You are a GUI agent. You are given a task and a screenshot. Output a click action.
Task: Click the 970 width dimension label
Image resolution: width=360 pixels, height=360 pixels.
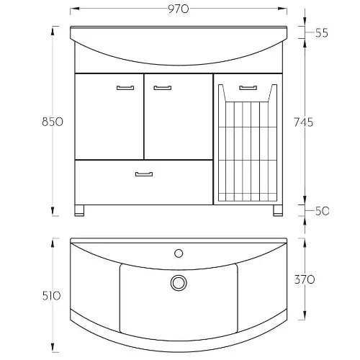click(x=179, y=9)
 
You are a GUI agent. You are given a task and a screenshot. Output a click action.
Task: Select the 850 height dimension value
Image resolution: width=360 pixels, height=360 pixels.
click(x=53, y=122)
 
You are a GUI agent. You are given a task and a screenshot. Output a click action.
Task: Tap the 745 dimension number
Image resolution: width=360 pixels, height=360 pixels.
click(x=304, y=122)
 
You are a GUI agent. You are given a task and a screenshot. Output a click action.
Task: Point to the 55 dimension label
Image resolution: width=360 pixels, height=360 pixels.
click(x=322, y=33)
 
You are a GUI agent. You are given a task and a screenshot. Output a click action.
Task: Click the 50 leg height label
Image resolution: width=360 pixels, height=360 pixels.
click(x=322, y=211)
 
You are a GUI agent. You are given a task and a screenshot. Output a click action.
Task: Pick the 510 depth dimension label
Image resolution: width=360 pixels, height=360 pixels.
click(x=51, y=296)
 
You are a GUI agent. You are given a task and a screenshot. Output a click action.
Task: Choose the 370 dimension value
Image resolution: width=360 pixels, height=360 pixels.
click(x=305, y=279)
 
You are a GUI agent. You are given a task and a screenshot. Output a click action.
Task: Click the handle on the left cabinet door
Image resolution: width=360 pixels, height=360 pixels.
click(x=125, y=88)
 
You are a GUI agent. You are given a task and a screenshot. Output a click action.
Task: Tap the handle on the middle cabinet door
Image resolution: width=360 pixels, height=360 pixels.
click(x=163, y=88)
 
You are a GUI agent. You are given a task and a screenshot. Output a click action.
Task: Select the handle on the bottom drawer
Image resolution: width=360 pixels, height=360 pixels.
click(x=144, y=174)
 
